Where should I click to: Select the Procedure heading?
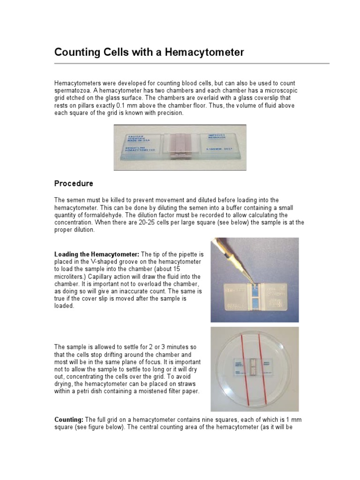tap(74, 183)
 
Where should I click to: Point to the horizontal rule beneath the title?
tap(192, 63)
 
